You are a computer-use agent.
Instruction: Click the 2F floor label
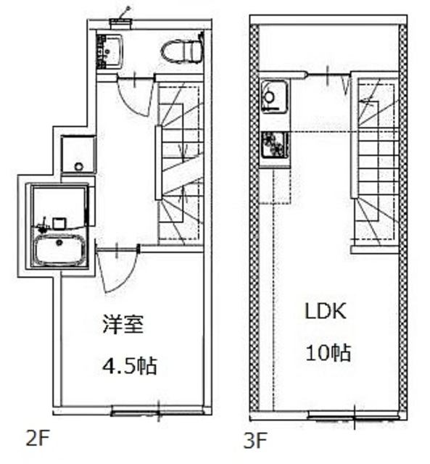tap(37, 438)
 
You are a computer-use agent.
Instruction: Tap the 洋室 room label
tap(123, 325)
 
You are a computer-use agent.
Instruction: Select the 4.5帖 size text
tap(129, 365)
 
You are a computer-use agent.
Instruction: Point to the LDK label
tap(326, 311)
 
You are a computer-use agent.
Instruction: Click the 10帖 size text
tap(328, 352)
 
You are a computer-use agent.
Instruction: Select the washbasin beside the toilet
tap(109, 52)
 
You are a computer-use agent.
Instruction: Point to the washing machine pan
tap(78, 154)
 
